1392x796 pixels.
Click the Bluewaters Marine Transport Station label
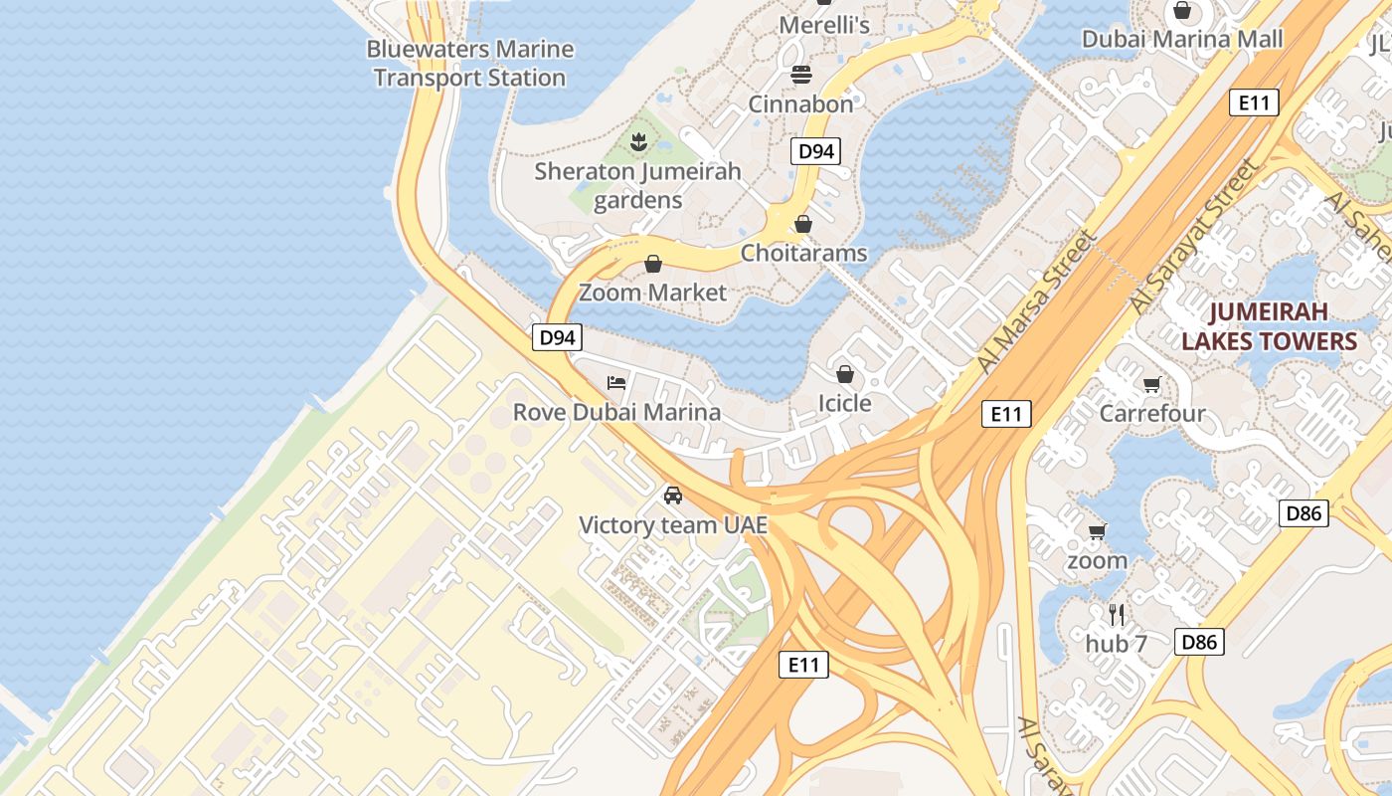(469, 63)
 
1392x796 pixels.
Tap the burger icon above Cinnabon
(801, 75)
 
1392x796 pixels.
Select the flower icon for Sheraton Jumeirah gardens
(638, 141)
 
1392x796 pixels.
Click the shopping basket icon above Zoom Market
(653, 264)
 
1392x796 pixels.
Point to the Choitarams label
(803, 253)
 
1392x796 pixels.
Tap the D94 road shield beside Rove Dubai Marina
(557, 337)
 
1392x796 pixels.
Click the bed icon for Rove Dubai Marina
(616, 383)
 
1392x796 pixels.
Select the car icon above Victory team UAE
(673, 496)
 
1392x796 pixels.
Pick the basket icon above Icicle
(844, 374)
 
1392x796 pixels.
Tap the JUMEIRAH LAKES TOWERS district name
(1268, 327)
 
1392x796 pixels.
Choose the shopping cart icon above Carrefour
(1151, 384)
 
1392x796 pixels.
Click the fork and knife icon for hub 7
(1117, 614)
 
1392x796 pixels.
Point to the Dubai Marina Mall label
(1182, 39)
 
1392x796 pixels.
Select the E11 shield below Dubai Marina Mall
(1253, 102)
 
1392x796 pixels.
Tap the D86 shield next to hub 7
(1198, 642)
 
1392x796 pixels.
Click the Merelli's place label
(824, 25)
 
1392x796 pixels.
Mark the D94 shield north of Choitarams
(815, 151)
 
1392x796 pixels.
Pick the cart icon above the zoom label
(1097, 531)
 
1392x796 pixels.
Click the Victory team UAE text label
(673, 524)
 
